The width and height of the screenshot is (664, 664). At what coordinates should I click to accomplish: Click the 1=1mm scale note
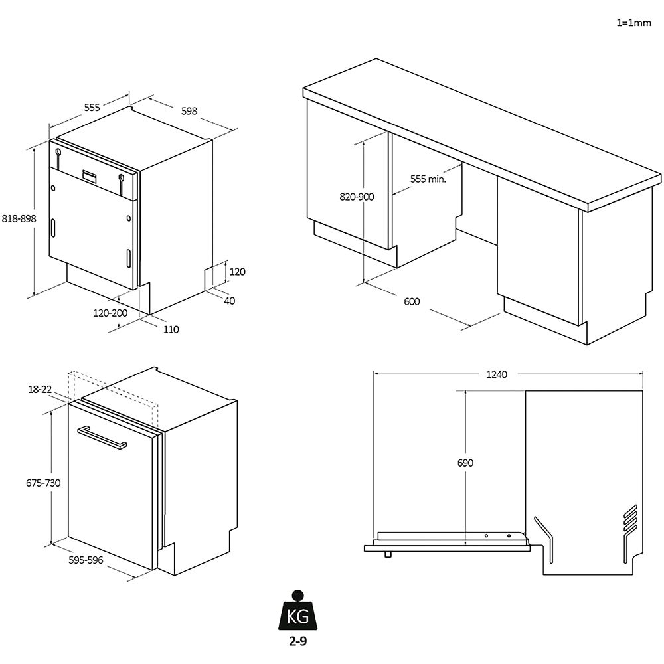(x=634, y=22)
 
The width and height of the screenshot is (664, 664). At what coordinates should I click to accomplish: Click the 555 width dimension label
(x=92, y=107)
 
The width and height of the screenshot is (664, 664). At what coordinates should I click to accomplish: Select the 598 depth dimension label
(x=189, y=111)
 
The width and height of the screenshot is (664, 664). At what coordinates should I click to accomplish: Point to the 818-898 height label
(x=19, y=218)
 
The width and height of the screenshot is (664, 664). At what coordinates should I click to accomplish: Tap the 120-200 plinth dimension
(x=110, y=313)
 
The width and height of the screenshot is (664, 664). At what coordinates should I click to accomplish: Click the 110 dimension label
(x=171, y=329)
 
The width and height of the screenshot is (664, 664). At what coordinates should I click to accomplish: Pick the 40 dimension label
(x=230, y=301)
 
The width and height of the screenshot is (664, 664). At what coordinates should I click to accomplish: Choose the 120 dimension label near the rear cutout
(x=237, y=271)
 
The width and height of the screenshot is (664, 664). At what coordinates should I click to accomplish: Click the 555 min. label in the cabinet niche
(x=427, y=179)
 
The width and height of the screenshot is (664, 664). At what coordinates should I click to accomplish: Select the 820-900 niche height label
(x=357, y=197)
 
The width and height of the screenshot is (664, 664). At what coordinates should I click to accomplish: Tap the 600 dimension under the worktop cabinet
(x=412, y=301)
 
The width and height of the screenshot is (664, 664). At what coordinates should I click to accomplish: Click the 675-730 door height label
(x=43, y=483)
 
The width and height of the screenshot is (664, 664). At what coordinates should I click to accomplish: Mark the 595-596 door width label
(x=86, y=560)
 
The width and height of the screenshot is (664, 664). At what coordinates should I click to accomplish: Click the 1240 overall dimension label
(x=496, y=374)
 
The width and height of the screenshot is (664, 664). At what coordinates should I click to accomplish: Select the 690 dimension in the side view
(x=465, y=463)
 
